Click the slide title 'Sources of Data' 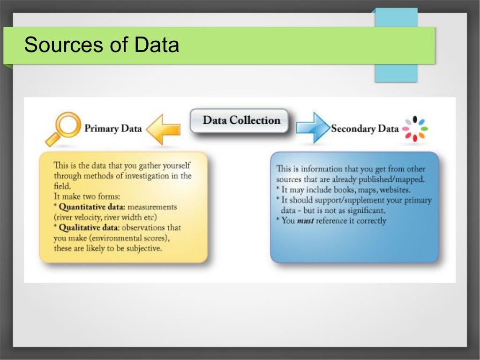pyautogui.click(x=101, y=45)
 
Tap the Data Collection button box pyautogui.click(x=241, y=121)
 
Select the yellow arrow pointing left pyautogui.click(x=164, y=128)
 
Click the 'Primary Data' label pyautogui.click(x=112, y=128)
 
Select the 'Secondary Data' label pyautogui.click(x=365, y=128)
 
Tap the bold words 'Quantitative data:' pyautogui.click(x=92, y=207)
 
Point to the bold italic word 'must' pyautogui.click(x=305, y=221)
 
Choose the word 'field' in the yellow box pyautogui.click(x=62, y=186)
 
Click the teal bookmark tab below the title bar pyautogui.click(x=396, y=73)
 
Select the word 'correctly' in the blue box pyautogui.click(x=371, y=221)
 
